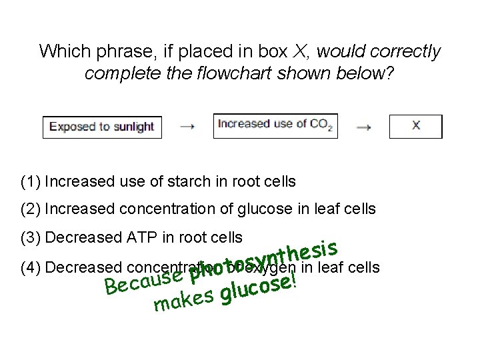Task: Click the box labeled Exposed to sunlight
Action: pos(102,127)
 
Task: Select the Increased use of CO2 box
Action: pos(275,125)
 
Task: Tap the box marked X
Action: pos(415,126)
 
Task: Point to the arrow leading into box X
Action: pos(363,127)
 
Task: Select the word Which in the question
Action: pos(62,51)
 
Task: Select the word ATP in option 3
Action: pos(149,238)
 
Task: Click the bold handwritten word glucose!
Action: pos(259,288)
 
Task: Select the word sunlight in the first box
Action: pos(131,127)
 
